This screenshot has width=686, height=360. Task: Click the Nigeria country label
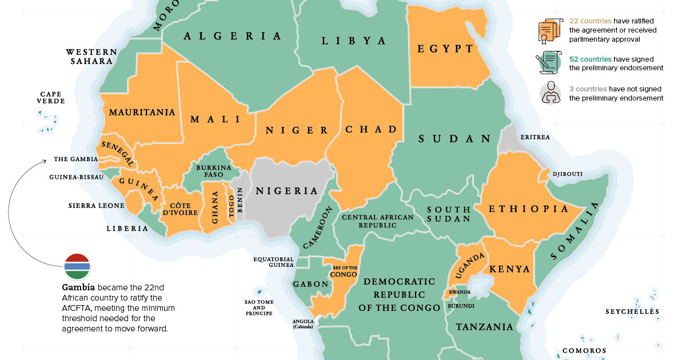pyautogui.click(x=286, y=191)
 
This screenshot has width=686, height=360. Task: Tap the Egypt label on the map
pyautogui.click(x=445, y=49)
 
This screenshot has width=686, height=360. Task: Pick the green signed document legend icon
pyautogui.click(x=549, y=63)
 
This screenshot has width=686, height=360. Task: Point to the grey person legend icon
pyautogui.click(x=549, y=93)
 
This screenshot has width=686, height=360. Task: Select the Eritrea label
pyautogui.click(x=535, y=138)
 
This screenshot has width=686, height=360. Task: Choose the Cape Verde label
pyautogui.click(x=51, y=98)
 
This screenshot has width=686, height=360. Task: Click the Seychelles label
pyautogui.click(x=633, y=312)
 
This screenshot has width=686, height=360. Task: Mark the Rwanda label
pyautogui.click(x=460, y=292)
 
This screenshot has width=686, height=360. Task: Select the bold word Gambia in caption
pyautogui.click(x=75, y=287)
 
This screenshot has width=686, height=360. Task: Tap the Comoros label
pyautogui.click(x=584, y=350)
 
